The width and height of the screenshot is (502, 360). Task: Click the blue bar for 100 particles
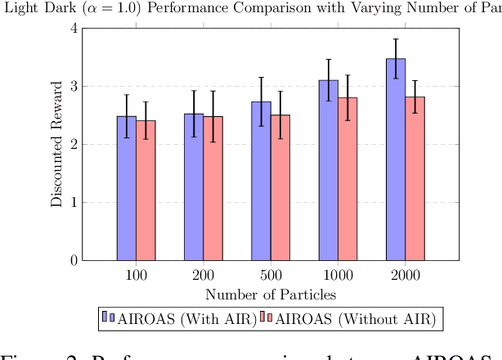127,188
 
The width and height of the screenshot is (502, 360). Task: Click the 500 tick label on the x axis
271,275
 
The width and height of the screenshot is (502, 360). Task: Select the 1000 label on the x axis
338,275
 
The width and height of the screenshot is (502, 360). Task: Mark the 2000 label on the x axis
405,275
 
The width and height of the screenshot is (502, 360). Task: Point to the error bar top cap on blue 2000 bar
396,38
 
